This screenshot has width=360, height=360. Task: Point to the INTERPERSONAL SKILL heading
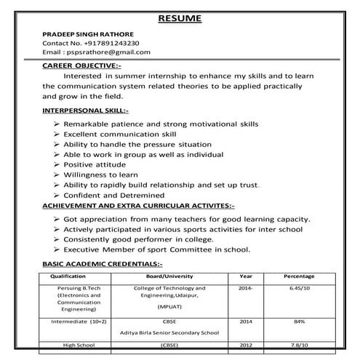(x=85, y=111)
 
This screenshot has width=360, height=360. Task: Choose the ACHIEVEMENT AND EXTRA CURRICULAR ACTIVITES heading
(x=138, y=206)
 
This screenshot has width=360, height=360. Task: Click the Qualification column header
(x=68, y=277)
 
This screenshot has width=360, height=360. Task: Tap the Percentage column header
(x=299, y=277)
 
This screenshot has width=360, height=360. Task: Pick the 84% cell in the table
(x=299, y=321)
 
